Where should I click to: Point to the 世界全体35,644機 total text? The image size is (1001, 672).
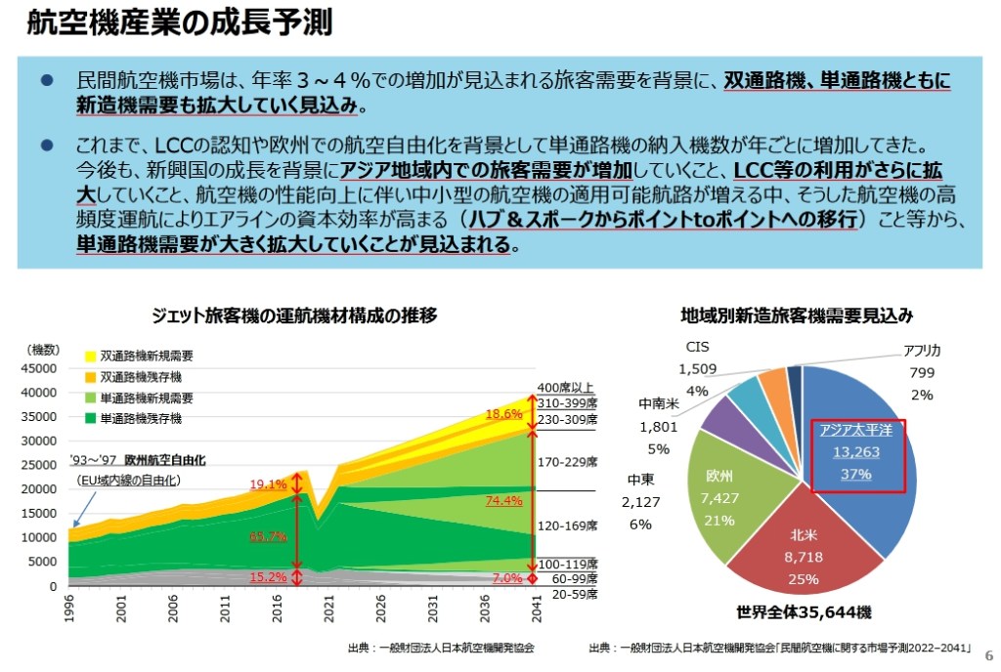pyautogui.click(x=804, y=612)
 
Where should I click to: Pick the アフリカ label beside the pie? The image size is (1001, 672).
pyautogui.click(x=922, y=351)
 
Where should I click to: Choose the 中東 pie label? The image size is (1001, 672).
pyautogui.click(x=640, y=480)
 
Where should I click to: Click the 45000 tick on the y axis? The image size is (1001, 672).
pyautogui.click(x=41, y=368)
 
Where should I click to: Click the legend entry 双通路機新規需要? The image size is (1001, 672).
pyautogui.click(x=147, y=356)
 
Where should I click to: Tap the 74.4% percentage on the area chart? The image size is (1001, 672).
pyautogui.click(x=503, y=501)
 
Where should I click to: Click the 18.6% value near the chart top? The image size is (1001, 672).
pyautogui.click(x=503, y=414)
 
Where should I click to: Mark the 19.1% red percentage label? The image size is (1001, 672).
pyautogui.click(x=268, y=483)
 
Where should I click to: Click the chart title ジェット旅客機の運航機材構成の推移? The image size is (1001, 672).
pyautogui.click(x=294, y=315)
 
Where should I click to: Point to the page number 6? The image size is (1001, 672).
pyautogui.click(x=987, y=654)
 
